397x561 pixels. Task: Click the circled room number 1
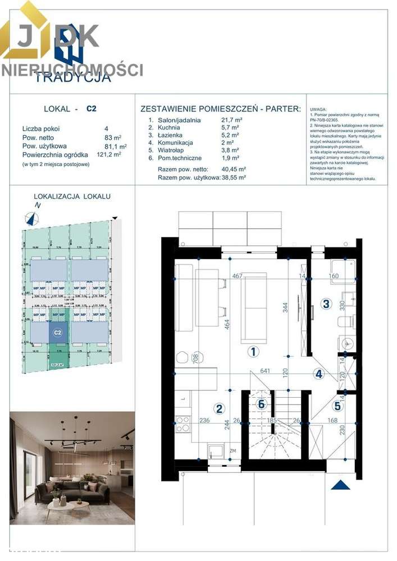(253, 352)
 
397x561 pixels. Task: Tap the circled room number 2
(220, 409)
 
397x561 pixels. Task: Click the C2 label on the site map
(57, 332)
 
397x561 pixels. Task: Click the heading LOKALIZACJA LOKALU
(72, 196)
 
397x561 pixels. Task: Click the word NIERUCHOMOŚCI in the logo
(72, 70)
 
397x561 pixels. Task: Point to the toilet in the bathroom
(346, 321)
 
